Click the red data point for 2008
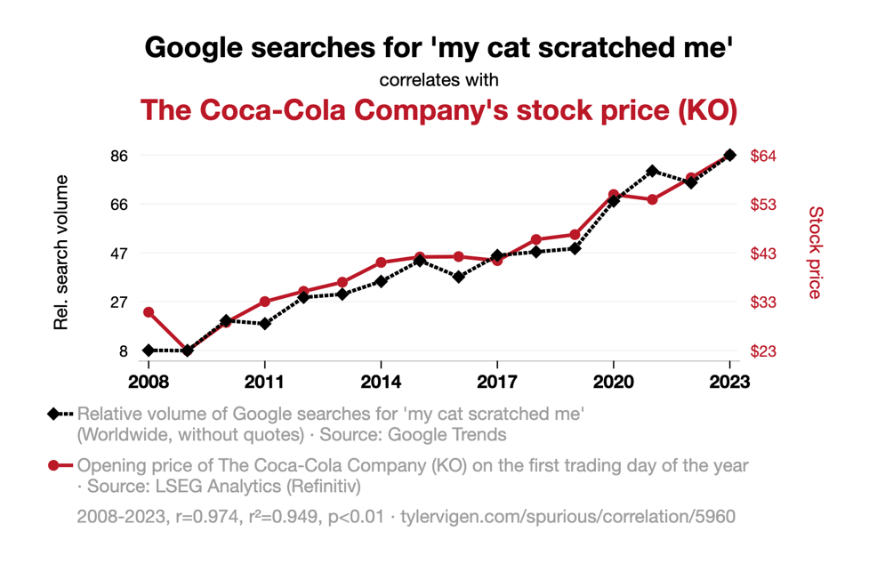coord(149,312)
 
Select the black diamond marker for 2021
coord(652,171)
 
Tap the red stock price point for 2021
coord(652,199)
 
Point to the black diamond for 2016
coord(458,277)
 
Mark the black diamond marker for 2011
coord(265,324)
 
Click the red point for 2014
coord(381,262)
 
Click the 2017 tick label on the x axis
coord(496,383)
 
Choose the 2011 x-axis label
coord(265,383)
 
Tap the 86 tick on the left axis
coord(118,156)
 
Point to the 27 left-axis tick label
coord(118,302)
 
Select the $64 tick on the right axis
coord(764,156)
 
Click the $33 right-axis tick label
coord(764,302)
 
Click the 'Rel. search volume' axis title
coord(61,253)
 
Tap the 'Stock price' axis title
coord(815,253)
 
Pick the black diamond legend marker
coord(55,414)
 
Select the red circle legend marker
coord(55,465)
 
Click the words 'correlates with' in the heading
coord(439,80)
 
